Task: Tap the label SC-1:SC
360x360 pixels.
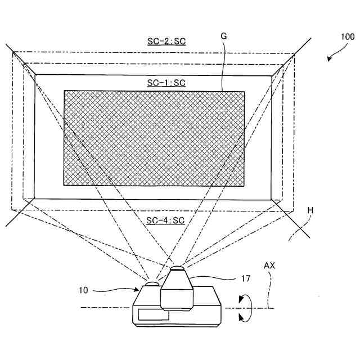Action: [166, 83]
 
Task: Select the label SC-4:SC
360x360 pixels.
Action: [165, 220]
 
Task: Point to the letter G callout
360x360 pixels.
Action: [223, 35]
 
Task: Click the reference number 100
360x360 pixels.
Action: [347, 37]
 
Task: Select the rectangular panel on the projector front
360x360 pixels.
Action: [154, 316]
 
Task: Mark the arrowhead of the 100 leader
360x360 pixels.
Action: [328, 61]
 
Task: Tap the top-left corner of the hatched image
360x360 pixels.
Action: [64, 91]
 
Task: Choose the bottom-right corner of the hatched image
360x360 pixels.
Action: [245, 186]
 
